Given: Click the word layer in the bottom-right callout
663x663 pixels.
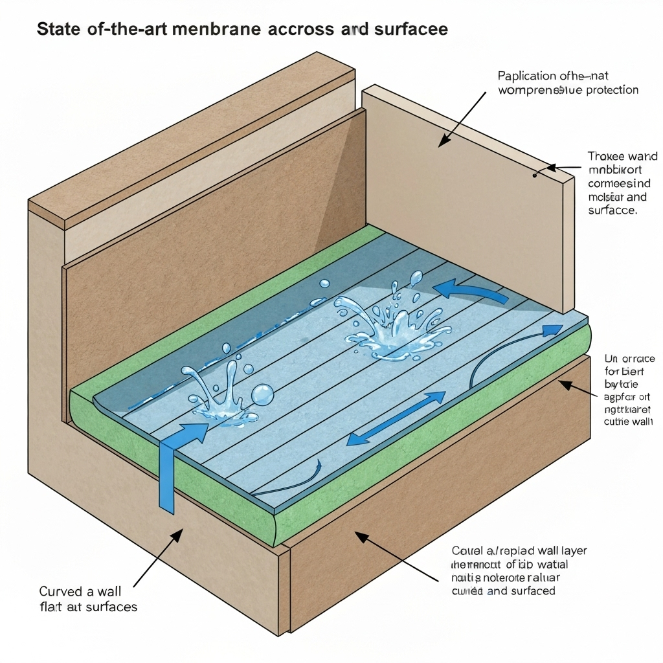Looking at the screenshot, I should coord(570,551).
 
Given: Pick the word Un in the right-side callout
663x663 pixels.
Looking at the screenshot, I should coord(611,358).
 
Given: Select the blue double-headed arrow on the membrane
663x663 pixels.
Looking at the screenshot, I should coord(396,419).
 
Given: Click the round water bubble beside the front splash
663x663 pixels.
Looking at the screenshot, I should coord(263,393).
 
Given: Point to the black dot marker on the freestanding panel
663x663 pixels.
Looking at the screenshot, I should coord(535,175).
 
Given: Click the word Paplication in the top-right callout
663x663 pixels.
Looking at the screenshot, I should coord(528,76).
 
